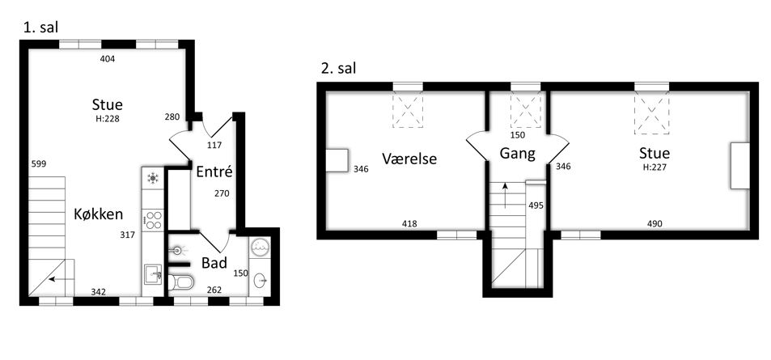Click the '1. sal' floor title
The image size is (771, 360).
pos(40,28)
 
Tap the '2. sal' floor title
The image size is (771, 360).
pos(338,69)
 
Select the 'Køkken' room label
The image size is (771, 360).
pos(99,214)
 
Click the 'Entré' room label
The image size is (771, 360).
pos(214,172)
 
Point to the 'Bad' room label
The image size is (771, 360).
pos(214,263)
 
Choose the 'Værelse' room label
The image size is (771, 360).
pos(409,159)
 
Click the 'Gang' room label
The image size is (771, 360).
pos(517,154)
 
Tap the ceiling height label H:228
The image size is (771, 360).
pos(108,119)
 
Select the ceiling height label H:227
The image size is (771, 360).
pos(655,167)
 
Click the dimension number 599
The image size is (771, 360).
pos(38,163)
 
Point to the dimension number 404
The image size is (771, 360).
pos(107,59)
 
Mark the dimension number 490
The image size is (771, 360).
pos(655,224)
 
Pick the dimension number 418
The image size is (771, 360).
pos(409,224)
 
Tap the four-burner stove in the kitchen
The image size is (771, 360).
pos(154,220)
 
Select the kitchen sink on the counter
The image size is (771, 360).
pos(153,274)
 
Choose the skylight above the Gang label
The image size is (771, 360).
pos(526,110)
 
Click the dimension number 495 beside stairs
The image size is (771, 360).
pos(536,205)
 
